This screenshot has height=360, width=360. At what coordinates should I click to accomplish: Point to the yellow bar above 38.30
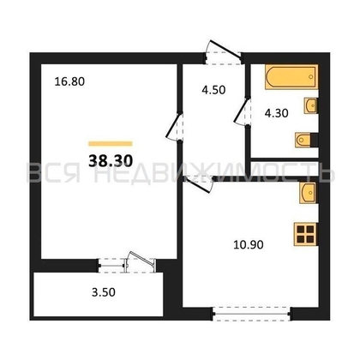click(x=111, y=142)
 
